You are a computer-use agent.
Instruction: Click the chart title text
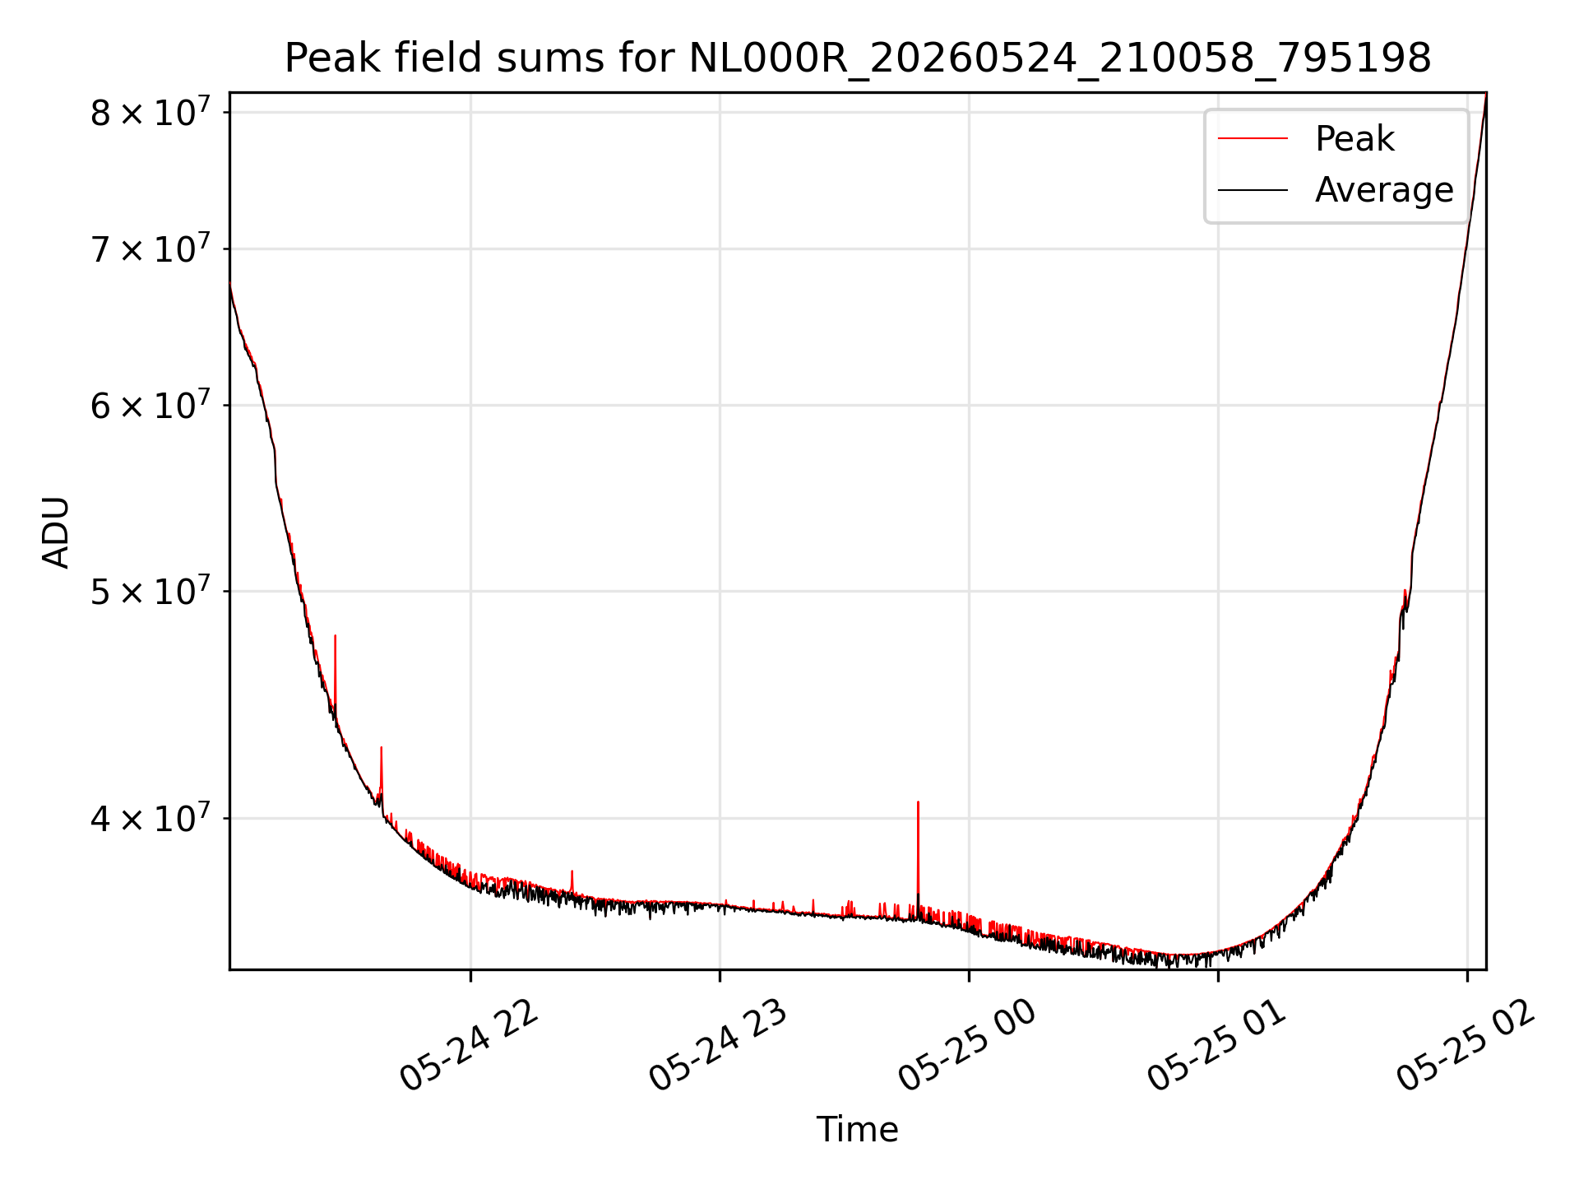click(858, 58)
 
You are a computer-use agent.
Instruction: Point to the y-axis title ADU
click(56, 532)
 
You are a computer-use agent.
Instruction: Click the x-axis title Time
click(857, 1129)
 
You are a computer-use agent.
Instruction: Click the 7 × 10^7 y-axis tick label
click(150, 248)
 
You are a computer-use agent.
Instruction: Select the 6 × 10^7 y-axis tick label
click(150, 404)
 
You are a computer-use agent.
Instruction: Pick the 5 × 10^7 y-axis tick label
click(150, 590)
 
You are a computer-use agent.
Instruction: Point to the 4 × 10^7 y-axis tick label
click(150, 817)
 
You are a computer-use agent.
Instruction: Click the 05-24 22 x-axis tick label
click(469, 1045)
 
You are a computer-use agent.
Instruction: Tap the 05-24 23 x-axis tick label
click(718, 1045)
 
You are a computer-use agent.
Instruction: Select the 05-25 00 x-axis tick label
click(967, 1045)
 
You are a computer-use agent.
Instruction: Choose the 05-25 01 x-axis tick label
click(1216, 1045)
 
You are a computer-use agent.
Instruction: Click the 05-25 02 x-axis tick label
click(1466, 1045)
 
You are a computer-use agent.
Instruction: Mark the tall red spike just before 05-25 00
click(918, 856)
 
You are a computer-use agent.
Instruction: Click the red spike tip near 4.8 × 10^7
click(335, 635)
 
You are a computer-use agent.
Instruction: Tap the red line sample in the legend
click(1253, 138)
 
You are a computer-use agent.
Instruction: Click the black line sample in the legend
click(1253, 190)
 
